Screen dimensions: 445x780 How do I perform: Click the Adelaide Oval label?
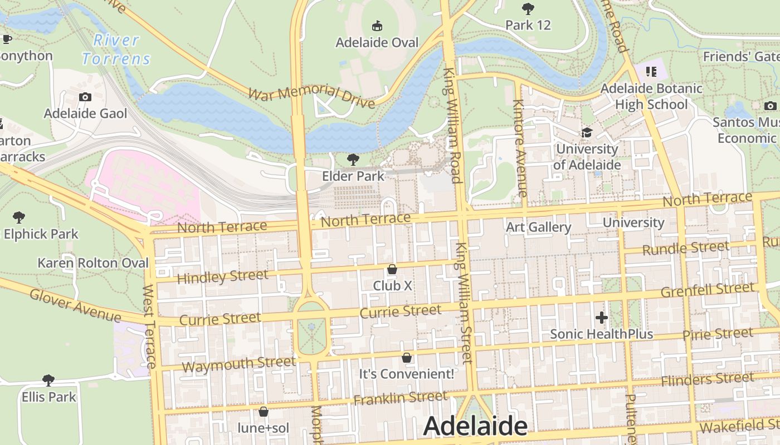coord(377,42)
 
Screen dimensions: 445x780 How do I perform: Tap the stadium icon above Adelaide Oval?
coord(377,26)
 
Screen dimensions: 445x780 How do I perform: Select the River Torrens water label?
coord(116,50)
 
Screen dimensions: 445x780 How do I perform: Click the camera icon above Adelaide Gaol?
coord(85,97)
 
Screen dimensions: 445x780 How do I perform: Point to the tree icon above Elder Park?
coord(353,160)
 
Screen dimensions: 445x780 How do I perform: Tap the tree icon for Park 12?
coord(528,8)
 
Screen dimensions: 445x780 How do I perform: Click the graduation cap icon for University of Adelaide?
coord(587,132)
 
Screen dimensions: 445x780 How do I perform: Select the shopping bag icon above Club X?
coord(392,269)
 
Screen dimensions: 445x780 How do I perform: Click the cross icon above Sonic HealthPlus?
coord(601,318)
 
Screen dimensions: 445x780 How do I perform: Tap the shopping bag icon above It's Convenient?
coord(407,357)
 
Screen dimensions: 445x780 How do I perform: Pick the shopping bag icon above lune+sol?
coord(264,412)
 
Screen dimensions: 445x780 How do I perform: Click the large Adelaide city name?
coord(475,426)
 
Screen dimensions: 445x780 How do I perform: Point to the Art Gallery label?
coord(538,227)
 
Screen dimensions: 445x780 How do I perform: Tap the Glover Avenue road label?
coord(75,305)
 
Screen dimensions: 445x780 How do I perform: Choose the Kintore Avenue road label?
coord(519,148)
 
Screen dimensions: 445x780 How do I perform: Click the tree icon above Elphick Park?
coord(19,217)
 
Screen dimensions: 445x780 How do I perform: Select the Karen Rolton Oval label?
coord(93,263)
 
